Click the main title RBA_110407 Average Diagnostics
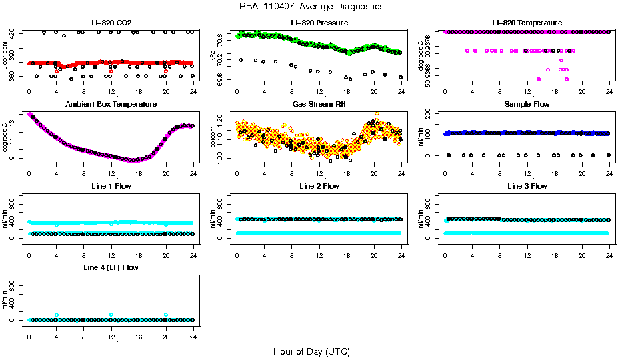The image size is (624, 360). point(311,7)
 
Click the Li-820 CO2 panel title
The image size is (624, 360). point(111,23)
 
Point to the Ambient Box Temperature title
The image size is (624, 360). point(111,104)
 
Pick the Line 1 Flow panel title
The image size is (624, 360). point(111,186)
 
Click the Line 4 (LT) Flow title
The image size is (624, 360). point(111,267)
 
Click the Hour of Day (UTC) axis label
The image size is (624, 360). point(311,351)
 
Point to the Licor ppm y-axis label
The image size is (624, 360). point(5,55)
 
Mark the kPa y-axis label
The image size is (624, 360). point(213,55)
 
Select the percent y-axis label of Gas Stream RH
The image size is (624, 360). point(213,137)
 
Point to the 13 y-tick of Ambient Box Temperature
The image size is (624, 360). point(13,124)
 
